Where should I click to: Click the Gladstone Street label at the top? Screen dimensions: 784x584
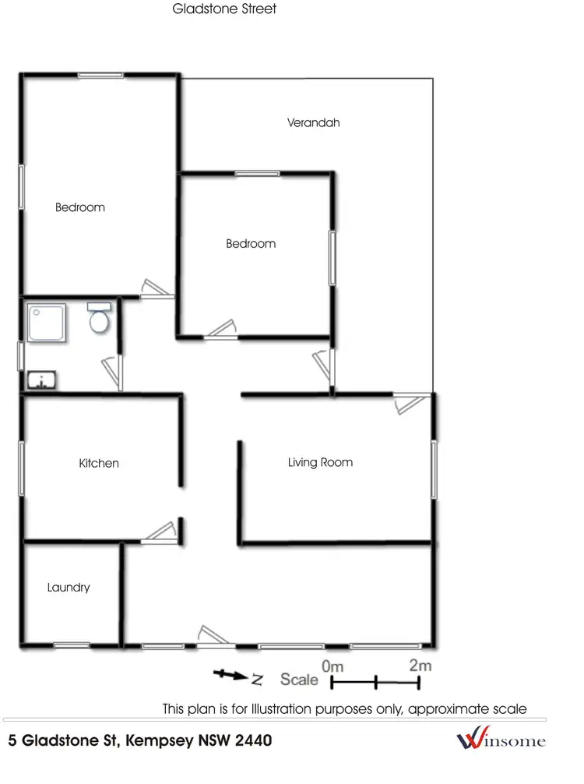(x=224, y=9)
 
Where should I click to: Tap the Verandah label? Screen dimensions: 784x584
(x=313, y=122)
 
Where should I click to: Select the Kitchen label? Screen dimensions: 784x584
(x=99, y=463)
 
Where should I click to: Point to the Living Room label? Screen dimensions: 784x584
(x=320, y=462)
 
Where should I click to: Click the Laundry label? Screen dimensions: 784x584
(x=69, y=588)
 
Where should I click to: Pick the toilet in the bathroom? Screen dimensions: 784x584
(x=99, y=318)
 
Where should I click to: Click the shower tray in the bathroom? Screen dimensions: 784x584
(x=46, y=323)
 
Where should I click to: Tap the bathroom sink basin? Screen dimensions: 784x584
(x=40, y=380)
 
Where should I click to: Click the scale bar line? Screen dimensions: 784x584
(x=375, y=683)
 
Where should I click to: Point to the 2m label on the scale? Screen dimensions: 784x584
(x=420, y=666)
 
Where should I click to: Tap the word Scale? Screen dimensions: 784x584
(x=300, y=680)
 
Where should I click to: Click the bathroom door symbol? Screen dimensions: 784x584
(x=111, y=372)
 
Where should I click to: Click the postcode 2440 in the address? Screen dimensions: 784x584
(x=252, y=740)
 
